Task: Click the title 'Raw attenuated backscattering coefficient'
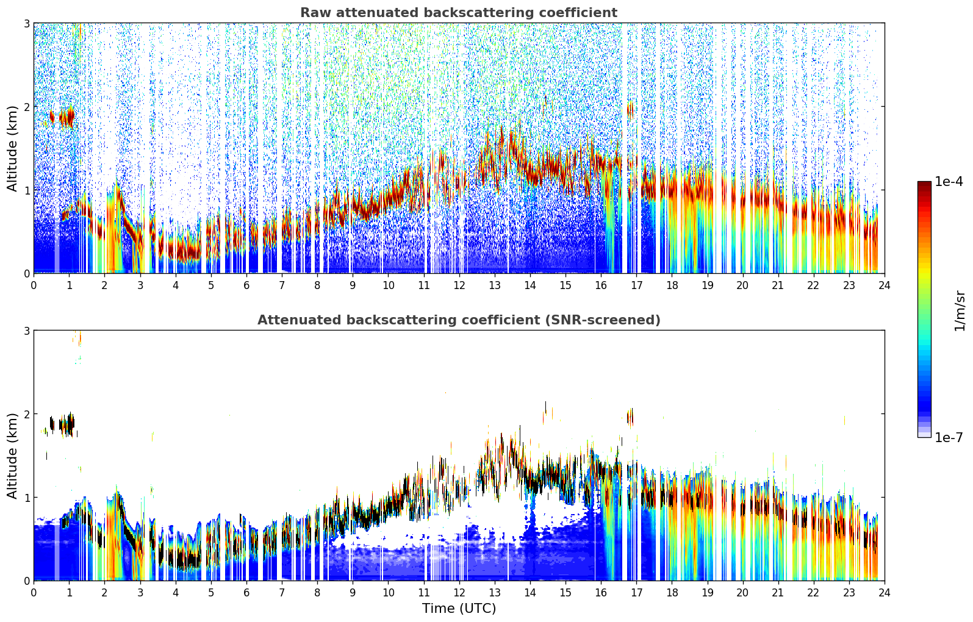point(458,13)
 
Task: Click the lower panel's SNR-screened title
point(458,320)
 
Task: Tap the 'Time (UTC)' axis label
point(459,609)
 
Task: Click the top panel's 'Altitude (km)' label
point(13,148)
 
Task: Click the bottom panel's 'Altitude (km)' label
point(13,456)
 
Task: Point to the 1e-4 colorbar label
point(949,182)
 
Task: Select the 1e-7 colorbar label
point(949,437)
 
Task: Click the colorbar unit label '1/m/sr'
point(960,311)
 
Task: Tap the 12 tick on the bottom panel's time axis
point(459,593)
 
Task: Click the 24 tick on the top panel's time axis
point(884,285)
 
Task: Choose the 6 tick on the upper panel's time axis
point(246,285)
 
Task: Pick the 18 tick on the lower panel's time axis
point(672,593)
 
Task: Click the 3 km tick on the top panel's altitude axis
point(26,23)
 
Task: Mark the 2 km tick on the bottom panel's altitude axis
point(26,414)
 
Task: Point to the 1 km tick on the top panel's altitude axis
point(26,190)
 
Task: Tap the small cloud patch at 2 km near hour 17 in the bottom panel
point(630,417)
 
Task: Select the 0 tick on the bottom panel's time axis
point(34,593)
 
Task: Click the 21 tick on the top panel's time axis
point(778,285)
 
